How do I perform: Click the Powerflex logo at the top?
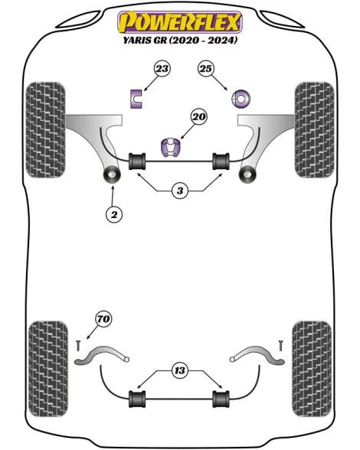click(x=180, y=22)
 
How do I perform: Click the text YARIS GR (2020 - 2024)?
click(x=181, y=40)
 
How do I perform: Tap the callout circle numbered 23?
click(x=162, y=69)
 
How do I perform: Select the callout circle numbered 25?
click(x=206, y=69)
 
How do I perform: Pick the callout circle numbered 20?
click(x=199, y=117)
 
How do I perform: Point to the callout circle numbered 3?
click(x=180, y=191)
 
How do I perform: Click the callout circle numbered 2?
click(x=114, y=214)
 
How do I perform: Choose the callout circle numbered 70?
click(x=103, y=319)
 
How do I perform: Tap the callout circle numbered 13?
click(x=180, y=370)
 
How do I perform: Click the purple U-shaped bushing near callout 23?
click(x=136, y=99)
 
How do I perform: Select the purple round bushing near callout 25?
click(x=241, y=99)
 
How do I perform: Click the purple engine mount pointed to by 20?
click(x=171, y=147)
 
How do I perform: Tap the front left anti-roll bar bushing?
click(x=137, y=161)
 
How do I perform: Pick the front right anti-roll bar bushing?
click(x=221, y=161)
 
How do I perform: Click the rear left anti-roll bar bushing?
click(x=137, y=399)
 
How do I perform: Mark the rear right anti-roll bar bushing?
click(x=221, y=399)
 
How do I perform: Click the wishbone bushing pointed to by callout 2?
click(x=112, y=174)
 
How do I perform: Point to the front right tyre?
click(x=315, y=130)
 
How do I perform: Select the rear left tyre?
click(x=48, y=369)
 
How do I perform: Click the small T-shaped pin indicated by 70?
click(x=78, y=346)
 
